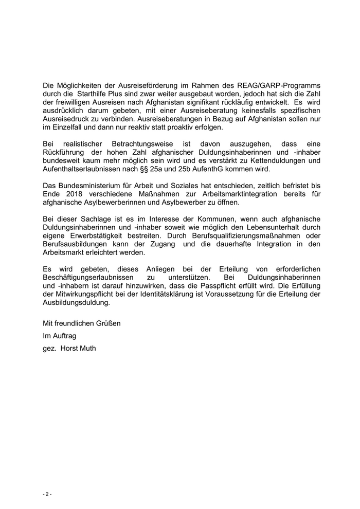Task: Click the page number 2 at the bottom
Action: click(x=47, y=494)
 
